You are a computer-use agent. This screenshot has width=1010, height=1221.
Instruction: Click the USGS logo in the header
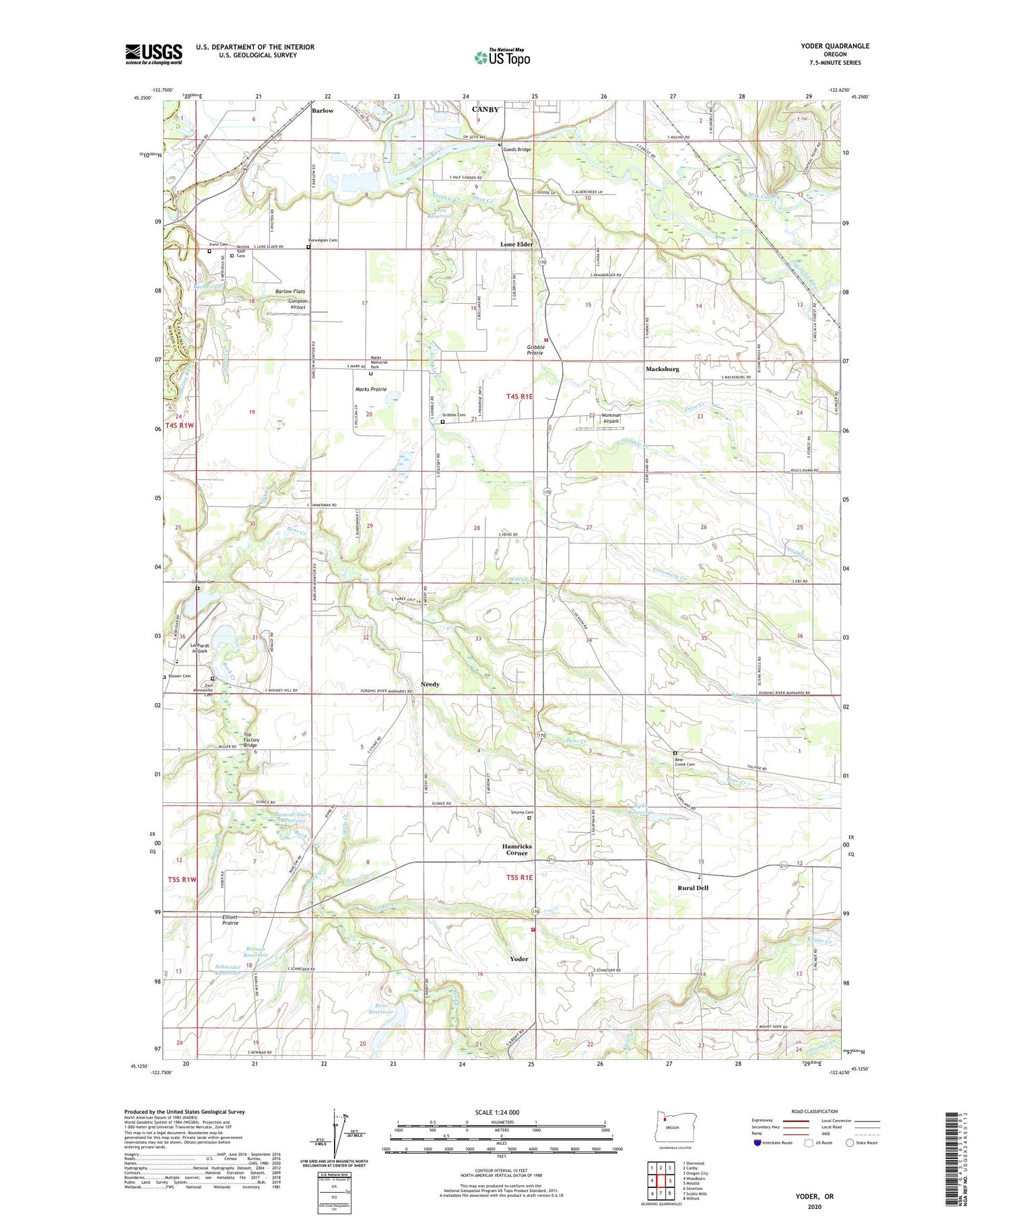pyautogui.click(x=154, y=54)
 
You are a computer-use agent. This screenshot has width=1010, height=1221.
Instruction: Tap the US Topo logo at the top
pyautogui.click(x=502, y=58)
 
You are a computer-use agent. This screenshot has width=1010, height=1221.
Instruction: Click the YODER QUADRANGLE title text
pyautogui.click(x=835, y=46)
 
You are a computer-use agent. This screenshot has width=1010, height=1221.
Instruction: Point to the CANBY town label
pyautogui.click(x=485, y=109)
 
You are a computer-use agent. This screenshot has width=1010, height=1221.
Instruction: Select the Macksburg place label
pyautogui.click(x=662, y=369)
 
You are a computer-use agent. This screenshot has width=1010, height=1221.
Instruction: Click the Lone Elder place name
pyautogui.click(x=516, y=244)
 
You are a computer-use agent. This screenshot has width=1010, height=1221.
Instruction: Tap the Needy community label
pyautogui.click(x=430, y=684)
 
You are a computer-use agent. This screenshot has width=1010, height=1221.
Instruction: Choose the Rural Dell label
pyautogui.click(x=693, y=888)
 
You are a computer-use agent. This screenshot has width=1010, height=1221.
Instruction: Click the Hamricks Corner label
pyautogui.click(x=516, y=849)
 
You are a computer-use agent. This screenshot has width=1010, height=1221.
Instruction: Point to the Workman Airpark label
pyautogui.click(x=611, y=418)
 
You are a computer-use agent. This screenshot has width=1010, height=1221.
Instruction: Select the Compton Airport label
pyautogui.click(x=297, y=304)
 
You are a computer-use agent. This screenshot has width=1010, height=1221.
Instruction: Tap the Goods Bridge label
pyautogui.click(x=517, y=150)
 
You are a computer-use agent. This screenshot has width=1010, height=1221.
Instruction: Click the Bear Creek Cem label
pyautogui.click(x=684, y=762)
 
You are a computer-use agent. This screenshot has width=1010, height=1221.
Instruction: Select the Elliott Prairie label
pyautogui.click(x=230, y=920)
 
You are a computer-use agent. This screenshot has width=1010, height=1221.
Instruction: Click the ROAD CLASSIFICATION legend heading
pyautogui.click(x=815, y=1111)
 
